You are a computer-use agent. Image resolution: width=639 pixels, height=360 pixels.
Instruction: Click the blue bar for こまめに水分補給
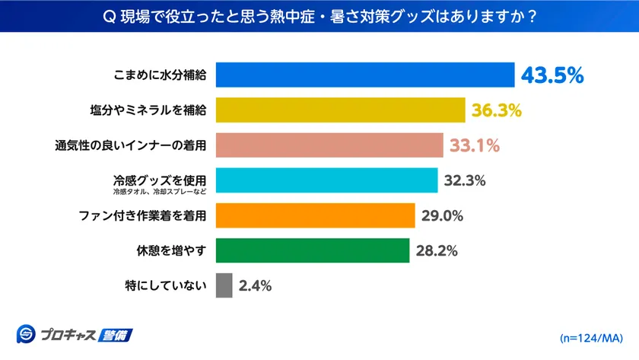click(x=365, y=75)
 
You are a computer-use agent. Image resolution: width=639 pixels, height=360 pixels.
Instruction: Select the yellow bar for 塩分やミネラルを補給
click(x=341, y=110)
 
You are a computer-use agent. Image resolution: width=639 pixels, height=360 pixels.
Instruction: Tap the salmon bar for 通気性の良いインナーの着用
click(x=329, y=145)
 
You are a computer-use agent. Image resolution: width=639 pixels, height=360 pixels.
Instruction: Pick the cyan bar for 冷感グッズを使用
click(x=327, y=180)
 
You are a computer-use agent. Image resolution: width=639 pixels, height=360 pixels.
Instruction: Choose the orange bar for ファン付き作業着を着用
click(x=315, y=215)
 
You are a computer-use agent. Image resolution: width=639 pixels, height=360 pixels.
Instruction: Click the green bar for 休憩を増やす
click(x=313, y=250)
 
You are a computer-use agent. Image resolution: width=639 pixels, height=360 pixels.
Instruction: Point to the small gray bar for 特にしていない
click(x=224, y=285)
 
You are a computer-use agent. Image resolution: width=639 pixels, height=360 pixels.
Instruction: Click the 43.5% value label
click(x=552, y=75)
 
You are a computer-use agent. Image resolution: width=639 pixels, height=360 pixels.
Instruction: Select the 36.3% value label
click(x=496, y=110)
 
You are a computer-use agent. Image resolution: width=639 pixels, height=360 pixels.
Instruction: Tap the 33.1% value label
click(x=474, y=145)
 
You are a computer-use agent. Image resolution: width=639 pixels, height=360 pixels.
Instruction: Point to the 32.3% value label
click(x=464, y=180)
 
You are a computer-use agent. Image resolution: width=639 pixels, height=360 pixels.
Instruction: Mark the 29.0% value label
click(x=442, y=215)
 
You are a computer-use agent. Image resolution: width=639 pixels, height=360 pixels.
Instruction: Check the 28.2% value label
click(x=437, y=250)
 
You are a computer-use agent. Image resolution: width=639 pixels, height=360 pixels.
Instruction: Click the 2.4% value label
click(x=255, y=286)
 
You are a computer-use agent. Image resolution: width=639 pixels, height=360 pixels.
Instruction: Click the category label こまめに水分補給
click(x=159, y=75)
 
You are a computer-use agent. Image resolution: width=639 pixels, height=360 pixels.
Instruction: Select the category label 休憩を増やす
click(x=170, y=250)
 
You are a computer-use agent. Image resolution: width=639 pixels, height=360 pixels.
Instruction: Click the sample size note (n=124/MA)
click(x=591, y=336)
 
